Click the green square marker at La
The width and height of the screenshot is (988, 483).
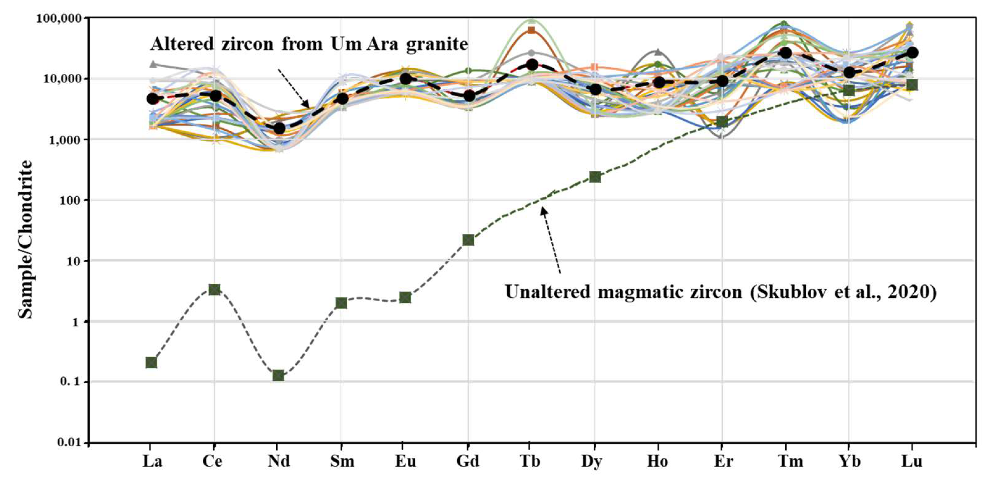pyautogui.click(x=151, y=362)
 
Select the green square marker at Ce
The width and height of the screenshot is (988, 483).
pyautogui.click(x=215, y=289)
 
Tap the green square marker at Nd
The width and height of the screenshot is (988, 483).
pyautogui.click(x=278, y=375)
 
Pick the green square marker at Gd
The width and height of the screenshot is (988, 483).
pyautogui.click(x=468, y=240)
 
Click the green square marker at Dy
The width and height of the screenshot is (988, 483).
pyautogui.click(x=595, y=177)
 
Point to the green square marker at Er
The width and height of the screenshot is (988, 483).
pyautogui.click(x=722, y=122)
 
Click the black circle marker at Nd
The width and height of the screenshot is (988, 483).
pyautogui.click(x=279, y=128)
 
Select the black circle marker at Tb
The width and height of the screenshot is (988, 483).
pyautogui.click(x=532, y=64)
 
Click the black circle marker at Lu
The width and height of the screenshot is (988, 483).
pyautogui.click(x=912, y=53)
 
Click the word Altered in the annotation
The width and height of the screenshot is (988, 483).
pyautogui.click(x=182, y=44)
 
